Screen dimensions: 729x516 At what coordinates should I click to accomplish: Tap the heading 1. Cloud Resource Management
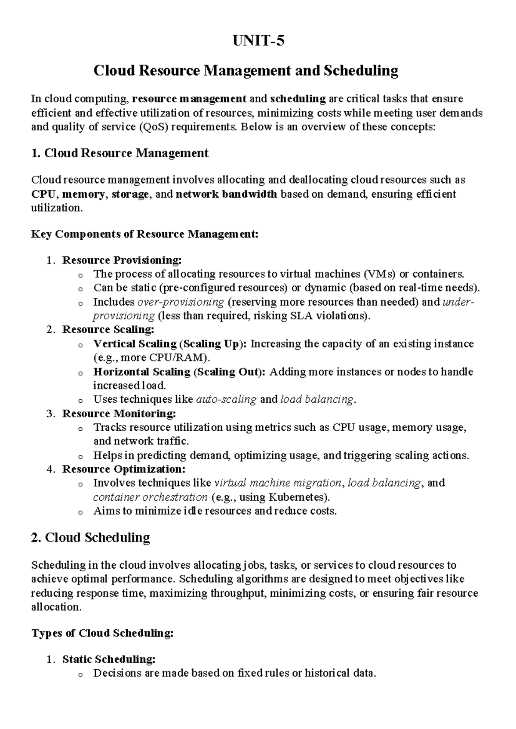tap(120, 153)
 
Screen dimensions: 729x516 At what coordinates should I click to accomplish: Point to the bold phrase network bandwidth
tap(227, 194)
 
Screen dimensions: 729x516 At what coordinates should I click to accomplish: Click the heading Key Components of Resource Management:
tap(145, 234)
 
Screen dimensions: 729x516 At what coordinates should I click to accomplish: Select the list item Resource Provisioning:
tap(122, 260)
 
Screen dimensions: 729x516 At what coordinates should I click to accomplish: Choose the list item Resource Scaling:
tap(108, 330)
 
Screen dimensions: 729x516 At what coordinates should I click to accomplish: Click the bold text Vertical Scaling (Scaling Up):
tap(170, 344)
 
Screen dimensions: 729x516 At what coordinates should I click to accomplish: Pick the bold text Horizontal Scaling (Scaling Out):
tap(180, 372)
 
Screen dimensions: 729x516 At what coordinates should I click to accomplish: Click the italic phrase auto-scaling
tap(226, 399)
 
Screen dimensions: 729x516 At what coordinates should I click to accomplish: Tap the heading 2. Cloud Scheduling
tap(91, 538)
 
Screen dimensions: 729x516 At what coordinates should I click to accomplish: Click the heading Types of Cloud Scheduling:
tap(103, 633)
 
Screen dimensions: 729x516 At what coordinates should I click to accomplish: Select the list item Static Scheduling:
tap(109, 659)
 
